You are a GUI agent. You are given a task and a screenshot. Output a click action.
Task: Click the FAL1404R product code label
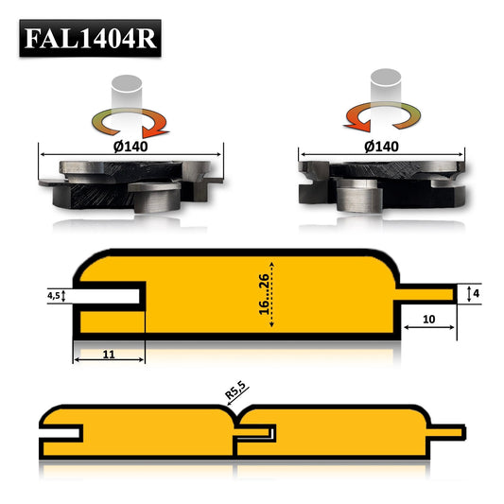point(91,40)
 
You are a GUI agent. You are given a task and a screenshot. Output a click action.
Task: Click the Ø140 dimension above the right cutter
point(382,148)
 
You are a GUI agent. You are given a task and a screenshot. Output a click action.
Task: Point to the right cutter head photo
point(382,183)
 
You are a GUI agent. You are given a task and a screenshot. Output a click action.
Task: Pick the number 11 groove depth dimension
point(108,354)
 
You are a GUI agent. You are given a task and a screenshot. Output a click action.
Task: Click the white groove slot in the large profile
point(109,295)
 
